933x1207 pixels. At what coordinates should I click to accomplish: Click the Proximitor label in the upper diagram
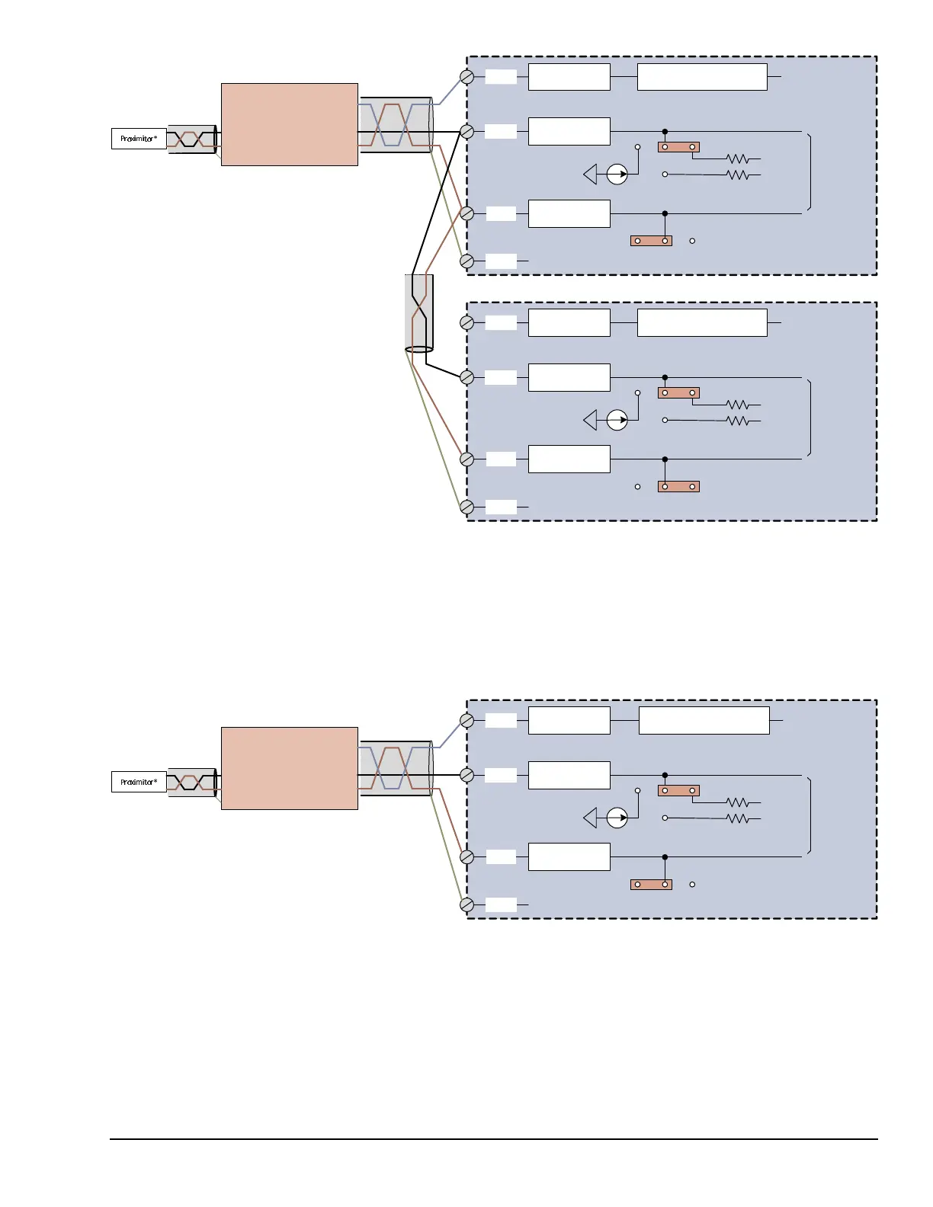click(x=139, y=139)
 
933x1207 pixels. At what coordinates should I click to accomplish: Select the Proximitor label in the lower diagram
click(x=139, y=782)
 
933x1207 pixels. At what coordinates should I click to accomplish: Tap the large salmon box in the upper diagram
click(x=289, y=124)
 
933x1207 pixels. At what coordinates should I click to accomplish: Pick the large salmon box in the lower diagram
click(x=289, y=768)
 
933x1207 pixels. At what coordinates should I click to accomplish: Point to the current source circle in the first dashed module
click(x=617, y=174)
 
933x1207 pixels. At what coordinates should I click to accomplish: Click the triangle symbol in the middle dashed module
click(x=590, y=420)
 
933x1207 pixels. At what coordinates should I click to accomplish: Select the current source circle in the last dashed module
click(x=617, y=818)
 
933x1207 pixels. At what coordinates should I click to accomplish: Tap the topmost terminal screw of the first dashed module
click(x=467, y=77)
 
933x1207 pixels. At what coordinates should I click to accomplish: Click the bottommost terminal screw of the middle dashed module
click(x=467, y=507)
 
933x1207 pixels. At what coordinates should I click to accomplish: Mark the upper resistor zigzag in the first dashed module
click(x=737, y=159)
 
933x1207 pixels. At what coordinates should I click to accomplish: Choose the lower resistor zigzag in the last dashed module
click(x=737, y=818)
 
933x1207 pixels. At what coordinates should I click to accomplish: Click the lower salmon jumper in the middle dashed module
click(x=678, y=486)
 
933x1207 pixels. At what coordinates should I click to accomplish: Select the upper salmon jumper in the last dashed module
click(x=678, y=790)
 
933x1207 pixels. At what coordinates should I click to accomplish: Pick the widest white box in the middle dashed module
click(x=701, y=322)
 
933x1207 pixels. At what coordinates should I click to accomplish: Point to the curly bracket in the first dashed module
click(x=808, y=172)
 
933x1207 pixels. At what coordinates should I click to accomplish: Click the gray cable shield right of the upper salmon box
click(x=396, y=125)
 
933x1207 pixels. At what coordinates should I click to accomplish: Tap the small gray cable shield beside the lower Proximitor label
click(x=191, y=782)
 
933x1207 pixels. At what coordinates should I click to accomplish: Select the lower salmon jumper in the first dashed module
click(x=651, y=241)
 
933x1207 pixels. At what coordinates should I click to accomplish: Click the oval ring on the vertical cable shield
click(x=418, y=350)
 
